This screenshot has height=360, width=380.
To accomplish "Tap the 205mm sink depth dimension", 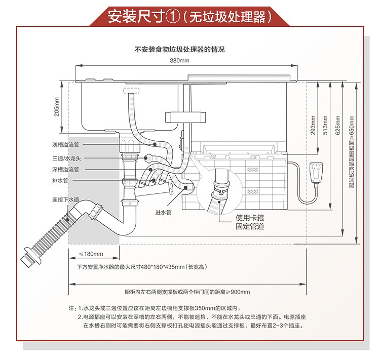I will click(57, 107).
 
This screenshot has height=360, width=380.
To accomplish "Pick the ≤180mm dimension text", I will click(91, 254).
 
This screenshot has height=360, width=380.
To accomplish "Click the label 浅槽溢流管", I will click(65, 145).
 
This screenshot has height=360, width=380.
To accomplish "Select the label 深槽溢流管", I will click(65, 169).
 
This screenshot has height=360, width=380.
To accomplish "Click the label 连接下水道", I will click(65, 199).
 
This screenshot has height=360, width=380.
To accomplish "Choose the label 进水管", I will click(163, 212).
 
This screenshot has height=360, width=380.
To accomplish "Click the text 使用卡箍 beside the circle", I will click(250, 218).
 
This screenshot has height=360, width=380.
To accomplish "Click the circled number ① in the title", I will click(171, 17).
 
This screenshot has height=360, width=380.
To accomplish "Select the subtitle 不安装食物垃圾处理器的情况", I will click(179, 50).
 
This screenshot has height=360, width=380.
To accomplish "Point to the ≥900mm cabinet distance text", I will click(187, 292).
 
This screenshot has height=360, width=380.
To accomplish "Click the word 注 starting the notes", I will click(71, 308).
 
